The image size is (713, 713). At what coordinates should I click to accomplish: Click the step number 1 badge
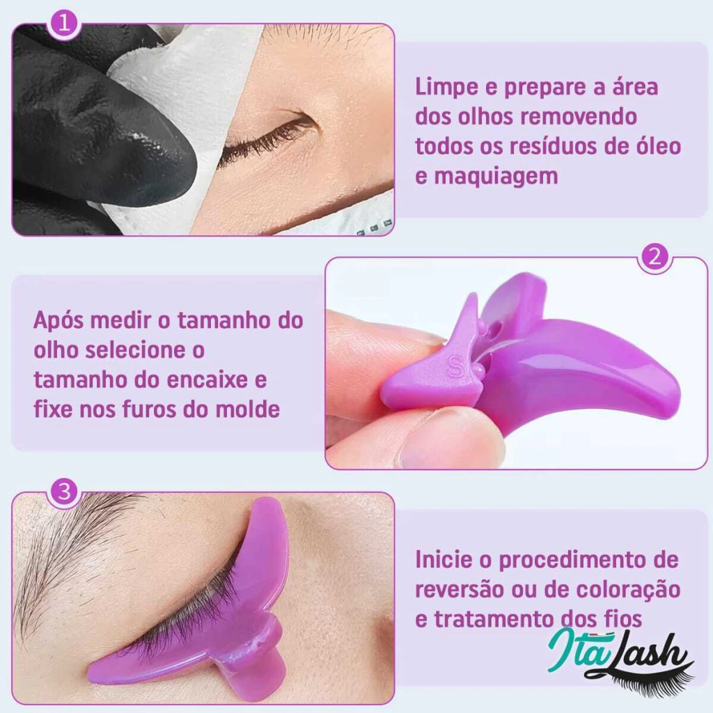[x=64, y=22]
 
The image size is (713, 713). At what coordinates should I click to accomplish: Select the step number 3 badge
[x=64, y=492]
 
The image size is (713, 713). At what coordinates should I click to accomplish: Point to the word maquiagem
[x=496, y=176]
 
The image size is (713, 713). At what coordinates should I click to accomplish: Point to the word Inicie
[x=444, y=559]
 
